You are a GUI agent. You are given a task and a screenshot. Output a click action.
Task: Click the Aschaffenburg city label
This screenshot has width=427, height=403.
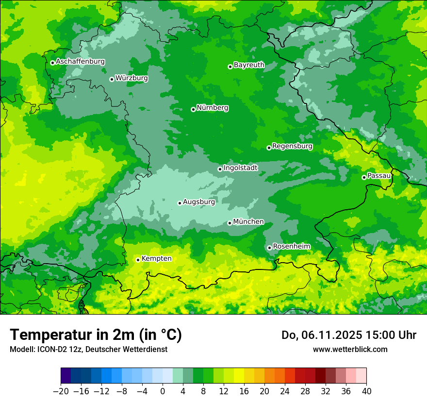[x=80, y=62]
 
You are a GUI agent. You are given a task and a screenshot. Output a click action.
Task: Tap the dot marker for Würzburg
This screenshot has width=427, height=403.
[x=112, y=79]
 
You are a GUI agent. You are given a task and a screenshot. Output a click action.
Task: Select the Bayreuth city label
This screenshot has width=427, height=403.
[x=249, y=65]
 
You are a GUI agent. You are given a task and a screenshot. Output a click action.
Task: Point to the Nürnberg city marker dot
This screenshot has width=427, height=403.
[x=193, y=109]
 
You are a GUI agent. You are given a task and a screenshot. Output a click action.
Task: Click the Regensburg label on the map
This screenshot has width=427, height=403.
[x=292, y=146]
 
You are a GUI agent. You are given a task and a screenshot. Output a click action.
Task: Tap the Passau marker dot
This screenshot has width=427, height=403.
[x=364, y=177]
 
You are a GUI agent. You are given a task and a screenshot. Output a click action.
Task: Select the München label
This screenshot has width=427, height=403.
[x=248, y=222]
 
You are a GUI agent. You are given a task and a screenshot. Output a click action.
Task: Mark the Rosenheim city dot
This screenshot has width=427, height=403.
[x=269, y=248]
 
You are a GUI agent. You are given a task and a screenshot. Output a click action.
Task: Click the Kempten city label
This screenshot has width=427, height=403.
[x=156, y=258]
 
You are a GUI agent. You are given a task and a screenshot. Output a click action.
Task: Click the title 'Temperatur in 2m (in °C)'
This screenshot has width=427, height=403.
[x=96, y=335]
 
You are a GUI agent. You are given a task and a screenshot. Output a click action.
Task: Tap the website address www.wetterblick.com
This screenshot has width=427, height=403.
[x=350, y=349]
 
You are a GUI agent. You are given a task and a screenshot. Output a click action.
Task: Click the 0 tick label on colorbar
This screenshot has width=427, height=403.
[x=163, y=391]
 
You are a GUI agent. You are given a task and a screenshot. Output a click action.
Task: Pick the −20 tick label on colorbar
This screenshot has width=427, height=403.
[x=61, y=391]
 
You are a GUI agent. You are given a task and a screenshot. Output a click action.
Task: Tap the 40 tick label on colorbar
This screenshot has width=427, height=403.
[x=366, y=391]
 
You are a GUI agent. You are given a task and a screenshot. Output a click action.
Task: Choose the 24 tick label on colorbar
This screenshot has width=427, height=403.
[x=285, y=391]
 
